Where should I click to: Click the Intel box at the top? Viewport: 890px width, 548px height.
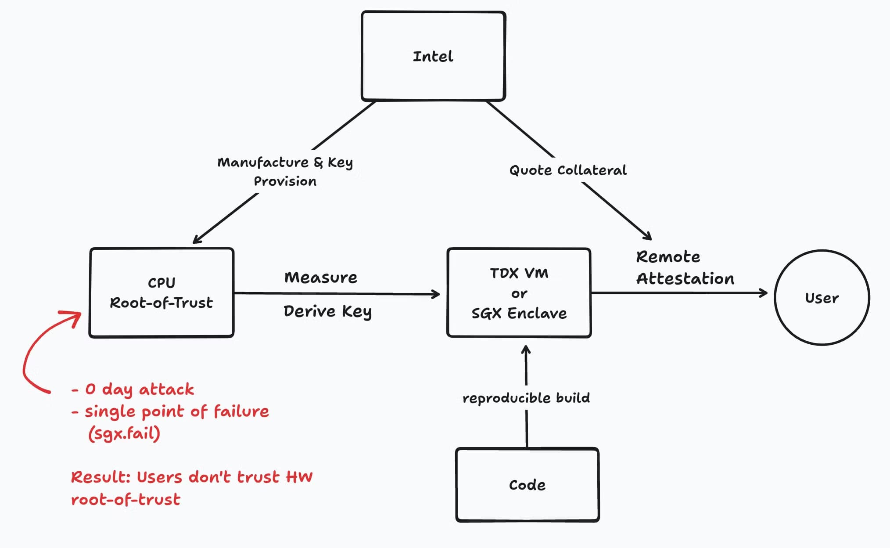pyautogui.click(x=433, y=56)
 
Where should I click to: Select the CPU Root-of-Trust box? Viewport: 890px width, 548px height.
pyautogui.click(x=161, y=292)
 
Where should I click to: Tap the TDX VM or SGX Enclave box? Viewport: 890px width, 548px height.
pyautogui.click(x=519, y=293)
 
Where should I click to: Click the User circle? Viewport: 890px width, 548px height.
pyautogui.click(x=822, y=298)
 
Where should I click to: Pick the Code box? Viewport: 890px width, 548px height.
pyautogui.click(x=527, y=485)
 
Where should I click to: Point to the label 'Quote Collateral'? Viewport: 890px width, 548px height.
pyautogui.click(x=568, y=170)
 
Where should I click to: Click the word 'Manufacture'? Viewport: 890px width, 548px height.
pyautogui.click(x=263, y=162)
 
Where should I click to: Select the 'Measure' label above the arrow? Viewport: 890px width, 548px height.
pyautogui.click(x=321, y=278)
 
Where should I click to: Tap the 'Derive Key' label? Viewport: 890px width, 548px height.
pyautogui.click(x=327, y=311)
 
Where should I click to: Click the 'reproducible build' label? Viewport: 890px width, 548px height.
pyautogui.click(x=526, y=398)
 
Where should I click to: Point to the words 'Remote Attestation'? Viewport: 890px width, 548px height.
pyautogui.click(x=685, y=267)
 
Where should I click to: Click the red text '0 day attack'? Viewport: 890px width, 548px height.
pyautogui.click(x=139, y=389)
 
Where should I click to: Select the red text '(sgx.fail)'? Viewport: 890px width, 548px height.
pyautogui.click(x=124, y=434)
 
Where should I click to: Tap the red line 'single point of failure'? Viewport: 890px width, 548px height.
pyautogui.click(x=176, y=411)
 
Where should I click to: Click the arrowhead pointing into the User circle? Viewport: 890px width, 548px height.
pyautogui.click(x=764, y=293)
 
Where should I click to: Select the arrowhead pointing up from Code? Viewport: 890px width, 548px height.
pyautogui.click(x=526, y=350)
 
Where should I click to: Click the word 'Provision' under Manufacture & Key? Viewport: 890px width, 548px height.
pyautogui.click(x=285, y=181)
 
